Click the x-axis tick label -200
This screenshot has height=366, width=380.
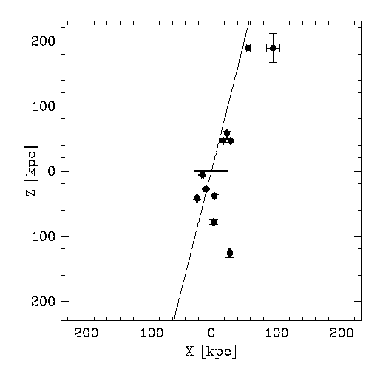81,333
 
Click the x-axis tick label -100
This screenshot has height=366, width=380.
146,333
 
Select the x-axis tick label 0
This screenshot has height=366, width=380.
211,333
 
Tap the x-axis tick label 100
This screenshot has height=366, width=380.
277,333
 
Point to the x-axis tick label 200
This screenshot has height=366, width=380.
342,333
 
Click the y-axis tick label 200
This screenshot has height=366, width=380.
43,41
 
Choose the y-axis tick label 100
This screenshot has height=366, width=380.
44,106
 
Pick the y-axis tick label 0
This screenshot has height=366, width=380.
51,172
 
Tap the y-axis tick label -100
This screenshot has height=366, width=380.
38,237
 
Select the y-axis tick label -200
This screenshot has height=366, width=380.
38,302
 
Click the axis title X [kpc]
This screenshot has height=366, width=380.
211,351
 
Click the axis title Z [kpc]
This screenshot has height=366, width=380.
31,171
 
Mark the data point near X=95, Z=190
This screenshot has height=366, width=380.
273,48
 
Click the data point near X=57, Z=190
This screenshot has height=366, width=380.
248,48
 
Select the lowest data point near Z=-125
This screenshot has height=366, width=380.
230,253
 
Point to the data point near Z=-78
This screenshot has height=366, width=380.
214,222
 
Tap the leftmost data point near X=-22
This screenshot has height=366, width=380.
197,198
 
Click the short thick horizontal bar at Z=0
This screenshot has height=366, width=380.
211,171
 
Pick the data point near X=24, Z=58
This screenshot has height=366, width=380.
227,133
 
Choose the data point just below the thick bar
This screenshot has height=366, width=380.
203,175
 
